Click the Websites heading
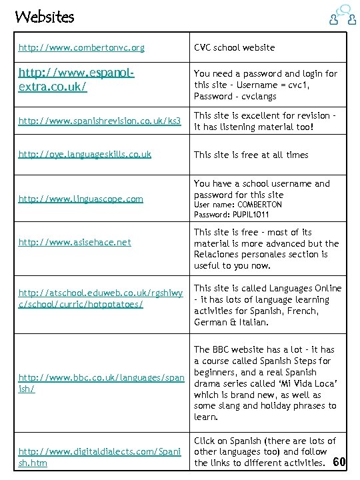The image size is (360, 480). (45, 17)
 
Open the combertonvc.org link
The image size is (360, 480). (81, 48)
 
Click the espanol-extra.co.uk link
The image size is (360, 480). (76, 80)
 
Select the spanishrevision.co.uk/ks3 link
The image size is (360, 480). (99, 121)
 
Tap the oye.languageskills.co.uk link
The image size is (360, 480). (85, 155)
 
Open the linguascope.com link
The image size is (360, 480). (81, 199)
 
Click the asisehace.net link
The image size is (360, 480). (75, 243)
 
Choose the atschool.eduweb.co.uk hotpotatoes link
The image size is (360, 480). (100, 299)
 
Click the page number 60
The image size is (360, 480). (339, 462)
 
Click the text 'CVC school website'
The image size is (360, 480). (234, 48)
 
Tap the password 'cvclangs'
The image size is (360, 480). (253, 97)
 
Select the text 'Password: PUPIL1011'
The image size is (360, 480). (231, 215)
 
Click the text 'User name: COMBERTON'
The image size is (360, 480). (238, 205)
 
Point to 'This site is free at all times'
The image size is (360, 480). (251, 155)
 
